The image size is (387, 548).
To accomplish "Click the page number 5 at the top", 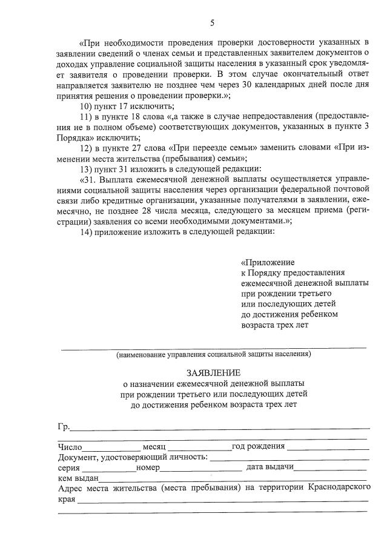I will click(x=212, y=23).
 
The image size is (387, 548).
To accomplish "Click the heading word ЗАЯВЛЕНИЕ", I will click(x=213, y=372).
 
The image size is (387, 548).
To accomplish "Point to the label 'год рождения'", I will click(x=258, y=447).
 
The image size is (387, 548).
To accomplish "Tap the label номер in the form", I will click(x=148, y=468).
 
